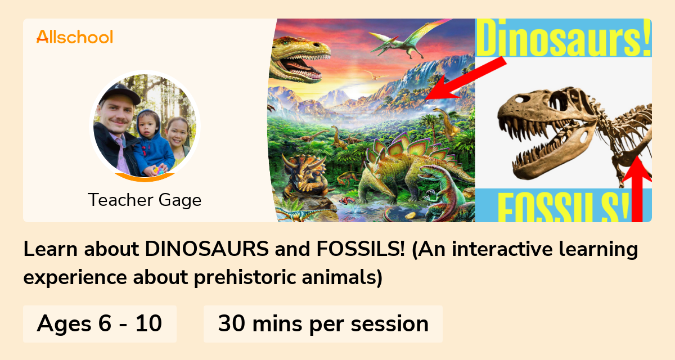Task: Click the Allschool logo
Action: [74, 37]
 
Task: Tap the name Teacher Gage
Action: [145, 200]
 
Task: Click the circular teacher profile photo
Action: [145, 127]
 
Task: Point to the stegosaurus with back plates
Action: [394, 169]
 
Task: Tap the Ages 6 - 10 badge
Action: [100, 324]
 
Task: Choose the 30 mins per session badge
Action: [323, 324]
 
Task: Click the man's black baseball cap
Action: [118, 93]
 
